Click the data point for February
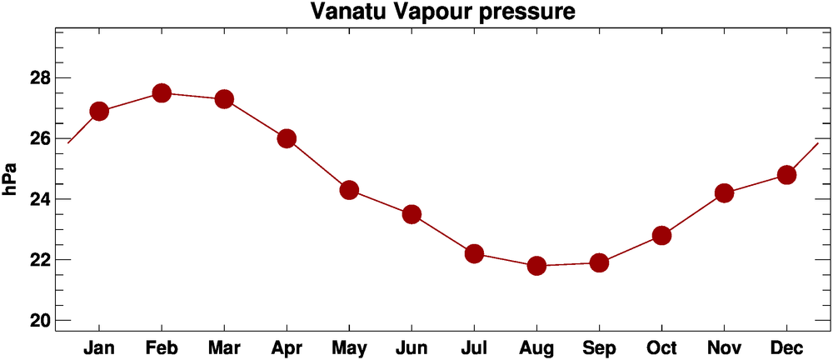[x=162, y=92]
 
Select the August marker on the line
[x=536, y=266]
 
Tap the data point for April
[x=287, y=138]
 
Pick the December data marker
[x=786, y=175]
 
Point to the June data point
[x=412, y=214]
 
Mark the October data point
[x=661, y=235]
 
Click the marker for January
[x=99, y=111]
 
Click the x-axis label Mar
[x=224, y=347]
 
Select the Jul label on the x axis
[x=474, y=347]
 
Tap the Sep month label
[x=599, y=347]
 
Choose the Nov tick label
[x=724, y=347]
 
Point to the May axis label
[x=349, y=347]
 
